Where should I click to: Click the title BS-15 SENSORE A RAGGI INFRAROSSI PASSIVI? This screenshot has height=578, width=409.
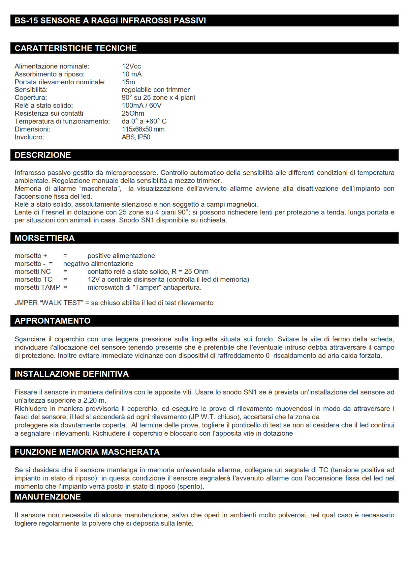[110, 20]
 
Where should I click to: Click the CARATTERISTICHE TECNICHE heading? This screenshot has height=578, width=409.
[76, 48]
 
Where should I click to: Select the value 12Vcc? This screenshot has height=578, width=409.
[131, 66]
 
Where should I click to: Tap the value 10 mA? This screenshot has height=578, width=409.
[132, 74]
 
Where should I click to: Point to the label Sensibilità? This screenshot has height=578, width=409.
[31, 90]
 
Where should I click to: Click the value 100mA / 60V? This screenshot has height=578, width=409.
[142, 105]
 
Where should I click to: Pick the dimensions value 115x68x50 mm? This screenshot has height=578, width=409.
[143, 129]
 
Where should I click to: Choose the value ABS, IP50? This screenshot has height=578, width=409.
[136, 137]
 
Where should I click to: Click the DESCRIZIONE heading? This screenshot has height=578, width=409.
[43, 155]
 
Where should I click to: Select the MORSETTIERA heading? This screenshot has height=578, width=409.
[45, 238]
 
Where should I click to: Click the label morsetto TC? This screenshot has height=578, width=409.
[33, 279]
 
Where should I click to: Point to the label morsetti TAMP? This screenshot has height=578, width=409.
[37, 287]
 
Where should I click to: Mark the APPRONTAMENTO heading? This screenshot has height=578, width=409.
[52, 321]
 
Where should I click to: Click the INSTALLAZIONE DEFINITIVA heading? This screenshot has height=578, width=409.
[72, 374]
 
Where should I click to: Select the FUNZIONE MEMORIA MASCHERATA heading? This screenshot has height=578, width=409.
[87, 452]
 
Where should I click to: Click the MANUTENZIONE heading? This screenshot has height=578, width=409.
[47, 497]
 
